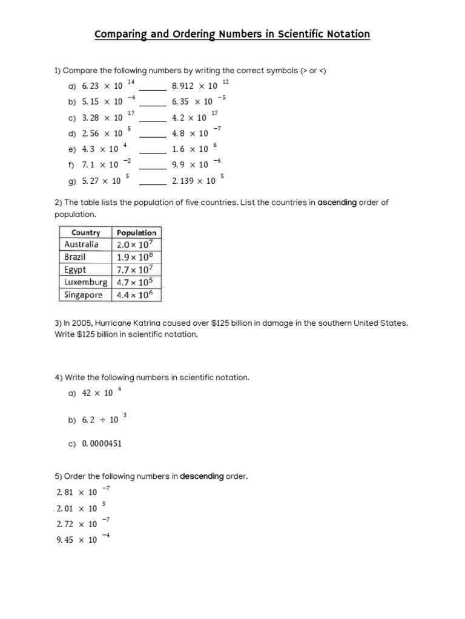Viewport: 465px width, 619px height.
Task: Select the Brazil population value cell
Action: [137, 257]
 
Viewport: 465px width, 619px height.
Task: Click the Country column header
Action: [85, 232]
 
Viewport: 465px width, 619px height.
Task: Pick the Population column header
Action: [137, 232]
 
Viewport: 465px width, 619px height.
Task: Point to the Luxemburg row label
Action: [85, 282]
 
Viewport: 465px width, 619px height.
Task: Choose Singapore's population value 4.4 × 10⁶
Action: [137, 295]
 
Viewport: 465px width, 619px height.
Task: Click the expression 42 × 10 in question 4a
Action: [97, 393]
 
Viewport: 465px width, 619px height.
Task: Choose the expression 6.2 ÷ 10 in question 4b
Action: [100, 420]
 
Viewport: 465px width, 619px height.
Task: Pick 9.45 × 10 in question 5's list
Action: [76, 540]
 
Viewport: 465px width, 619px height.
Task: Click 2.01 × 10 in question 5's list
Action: [76, 508]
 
